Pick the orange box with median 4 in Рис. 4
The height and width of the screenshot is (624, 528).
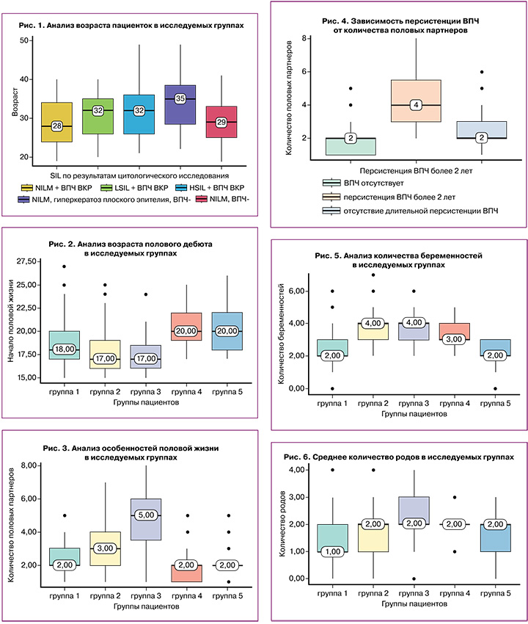[x=417, y=105]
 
